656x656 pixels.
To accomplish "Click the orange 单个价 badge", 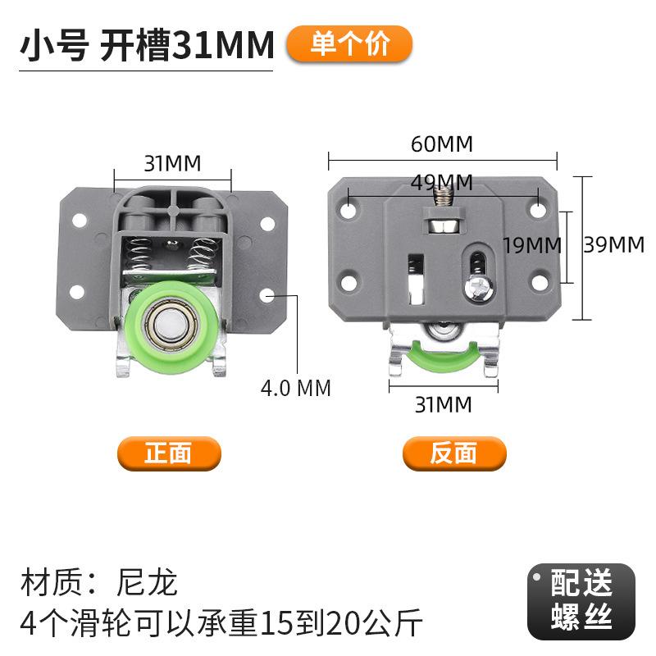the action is click(x=349, y=44).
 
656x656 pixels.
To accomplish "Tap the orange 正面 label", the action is click(x=169, y=453).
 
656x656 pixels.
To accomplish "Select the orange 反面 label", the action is click(x=454, y=453).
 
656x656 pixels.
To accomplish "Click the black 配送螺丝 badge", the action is click(x=581, y=601).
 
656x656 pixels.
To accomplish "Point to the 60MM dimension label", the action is click(x=442, y=144).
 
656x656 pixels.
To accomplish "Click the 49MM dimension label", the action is click(x=442, y=182).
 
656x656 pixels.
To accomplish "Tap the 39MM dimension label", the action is click(x=613, y=244).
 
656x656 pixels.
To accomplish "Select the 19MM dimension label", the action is click(x=531, y=245).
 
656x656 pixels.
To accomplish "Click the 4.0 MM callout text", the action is click(x=296, y=388).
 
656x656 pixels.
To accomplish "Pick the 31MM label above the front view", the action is click(x=172, y=163).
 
